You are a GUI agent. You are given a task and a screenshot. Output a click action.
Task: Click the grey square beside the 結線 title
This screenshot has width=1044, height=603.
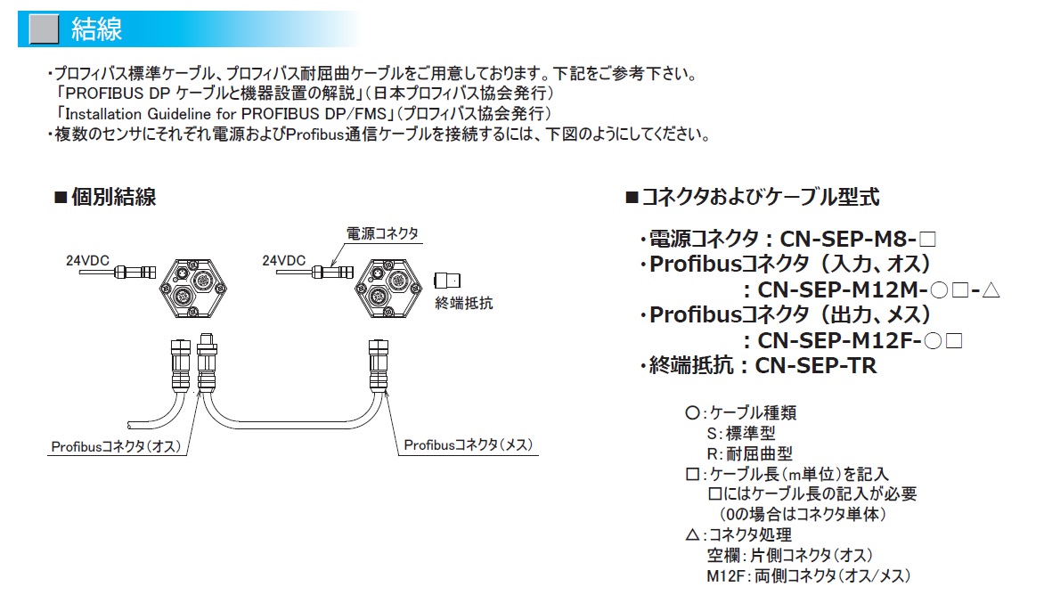[45, 29]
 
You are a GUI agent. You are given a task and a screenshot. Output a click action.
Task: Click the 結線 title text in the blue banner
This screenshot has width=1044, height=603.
[96, 29]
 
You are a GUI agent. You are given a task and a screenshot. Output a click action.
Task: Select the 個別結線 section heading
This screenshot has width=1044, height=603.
[105, 197]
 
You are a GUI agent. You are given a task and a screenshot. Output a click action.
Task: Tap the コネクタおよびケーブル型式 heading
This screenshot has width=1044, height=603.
[753, 197]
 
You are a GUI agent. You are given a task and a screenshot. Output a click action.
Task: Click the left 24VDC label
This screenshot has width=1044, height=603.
[87, 260]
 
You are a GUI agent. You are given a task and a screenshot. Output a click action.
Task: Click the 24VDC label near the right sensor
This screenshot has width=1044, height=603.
[283, 260]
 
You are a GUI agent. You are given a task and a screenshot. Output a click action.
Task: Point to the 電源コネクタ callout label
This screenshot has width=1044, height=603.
[382, 233]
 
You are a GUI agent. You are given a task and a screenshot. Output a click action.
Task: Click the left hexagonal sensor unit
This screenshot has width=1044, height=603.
[193, 289]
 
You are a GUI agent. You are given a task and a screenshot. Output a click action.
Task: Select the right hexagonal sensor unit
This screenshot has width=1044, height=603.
[388, 289]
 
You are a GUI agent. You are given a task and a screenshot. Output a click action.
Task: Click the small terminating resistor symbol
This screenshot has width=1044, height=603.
[447, 281]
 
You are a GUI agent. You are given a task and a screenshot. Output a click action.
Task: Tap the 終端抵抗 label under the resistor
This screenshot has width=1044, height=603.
[463, 304]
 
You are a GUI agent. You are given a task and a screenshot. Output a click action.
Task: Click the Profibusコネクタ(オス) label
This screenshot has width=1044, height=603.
[116, 446]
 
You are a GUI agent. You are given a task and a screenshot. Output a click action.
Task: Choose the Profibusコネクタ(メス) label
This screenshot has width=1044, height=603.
[468, 444]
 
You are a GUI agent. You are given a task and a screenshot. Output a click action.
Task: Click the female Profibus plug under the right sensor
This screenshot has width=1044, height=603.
[379, 364]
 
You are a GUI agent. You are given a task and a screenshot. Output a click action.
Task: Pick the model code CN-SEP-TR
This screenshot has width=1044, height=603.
[816, 365]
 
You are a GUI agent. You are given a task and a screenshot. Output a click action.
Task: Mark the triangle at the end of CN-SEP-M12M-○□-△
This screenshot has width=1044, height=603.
[991, 289]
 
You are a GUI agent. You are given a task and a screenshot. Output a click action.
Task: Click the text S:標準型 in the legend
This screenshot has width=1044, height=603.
[741, 433]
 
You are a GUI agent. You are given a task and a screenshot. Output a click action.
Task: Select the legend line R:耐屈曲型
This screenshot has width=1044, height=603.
[750, 454]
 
